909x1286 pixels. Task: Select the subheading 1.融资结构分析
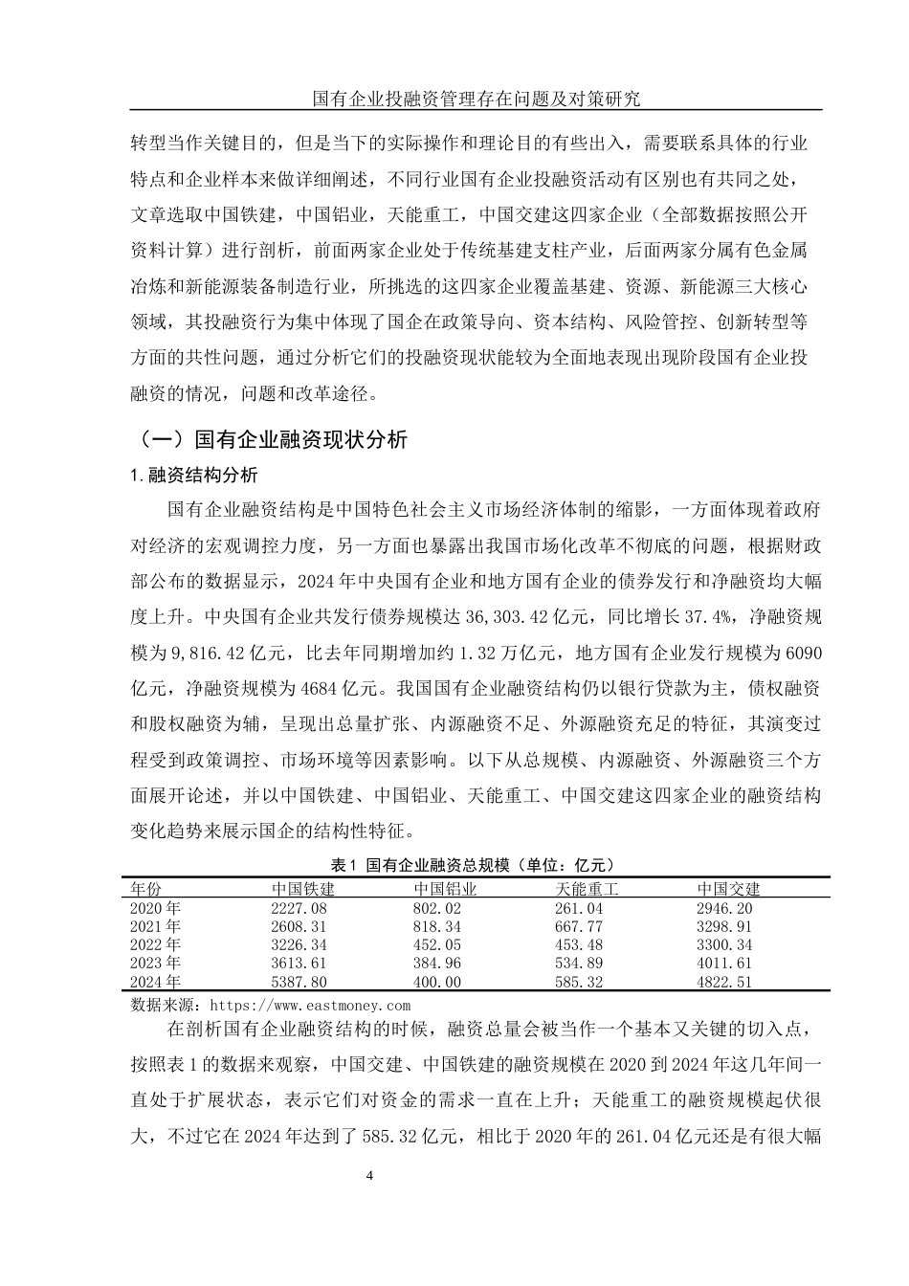(193, 476)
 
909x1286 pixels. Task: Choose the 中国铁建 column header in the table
(302, 889)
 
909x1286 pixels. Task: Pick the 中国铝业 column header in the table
(444, 889)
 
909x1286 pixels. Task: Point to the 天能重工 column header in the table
(587, 889)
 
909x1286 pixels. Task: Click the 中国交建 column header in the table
(728, 889)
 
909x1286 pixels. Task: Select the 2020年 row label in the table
(155, 908)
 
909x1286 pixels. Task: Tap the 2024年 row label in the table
(155, 982)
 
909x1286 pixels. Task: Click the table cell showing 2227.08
(299, 908)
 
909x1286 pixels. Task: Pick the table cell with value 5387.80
(299, 982)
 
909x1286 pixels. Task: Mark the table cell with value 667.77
(579, 926)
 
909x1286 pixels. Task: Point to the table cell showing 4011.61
(724, 964)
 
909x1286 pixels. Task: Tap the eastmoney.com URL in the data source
(309, 1006)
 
